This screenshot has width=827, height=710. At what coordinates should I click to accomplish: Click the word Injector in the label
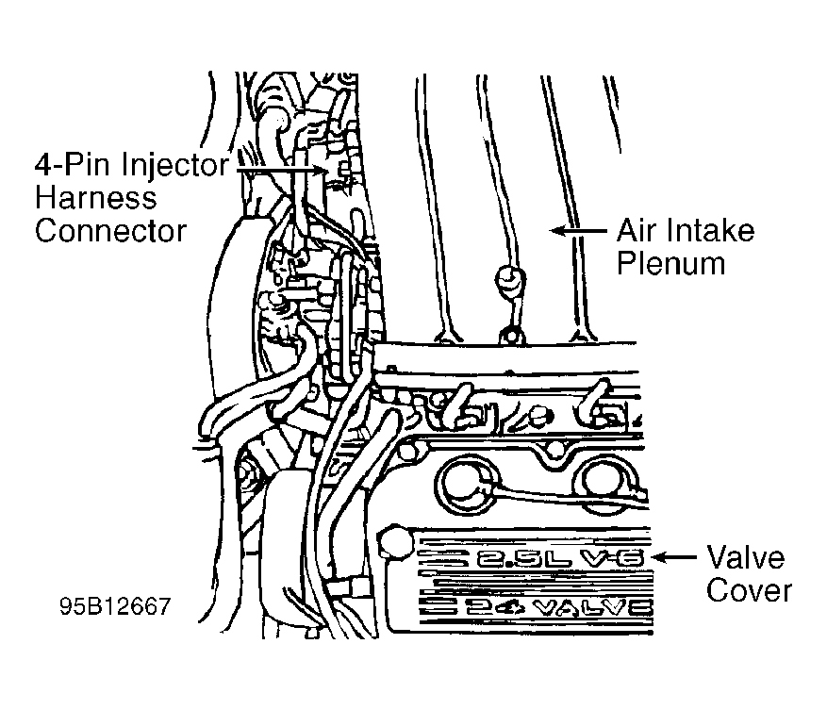[174, 166]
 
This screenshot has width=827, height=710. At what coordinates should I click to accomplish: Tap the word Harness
[96, 198]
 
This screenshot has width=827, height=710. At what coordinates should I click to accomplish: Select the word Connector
[110, 231]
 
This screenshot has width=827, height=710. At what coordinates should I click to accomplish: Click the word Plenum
[670, 263]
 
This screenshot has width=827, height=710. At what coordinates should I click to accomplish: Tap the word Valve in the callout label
[745, 557]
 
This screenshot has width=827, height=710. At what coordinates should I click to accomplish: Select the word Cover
[749, 590]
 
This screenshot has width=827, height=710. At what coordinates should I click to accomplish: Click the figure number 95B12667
[115, 606]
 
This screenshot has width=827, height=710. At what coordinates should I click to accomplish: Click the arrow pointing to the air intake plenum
[578, 230]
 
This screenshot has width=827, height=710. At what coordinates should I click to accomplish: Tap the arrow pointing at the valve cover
[674, 557]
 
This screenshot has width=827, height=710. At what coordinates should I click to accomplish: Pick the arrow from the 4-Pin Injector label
[281, 170]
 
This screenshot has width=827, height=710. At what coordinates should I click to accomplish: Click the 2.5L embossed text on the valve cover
[523, 558]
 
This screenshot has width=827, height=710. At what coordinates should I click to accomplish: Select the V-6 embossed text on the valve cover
[613, 558]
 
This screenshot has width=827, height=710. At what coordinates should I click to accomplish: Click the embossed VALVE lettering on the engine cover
[593, 608]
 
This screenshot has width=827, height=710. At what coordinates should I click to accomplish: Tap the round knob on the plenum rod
[509, 280]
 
